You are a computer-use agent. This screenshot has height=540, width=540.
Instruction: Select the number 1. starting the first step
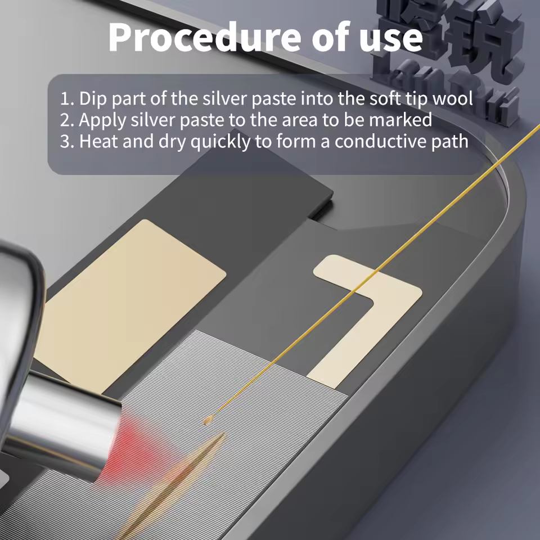coord(67,99)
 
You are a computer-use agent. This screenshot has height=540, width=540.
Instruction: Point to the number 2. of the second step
coord(67,120)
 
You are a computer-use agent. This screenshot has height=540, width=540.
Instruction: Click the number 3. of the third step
coord(67,141)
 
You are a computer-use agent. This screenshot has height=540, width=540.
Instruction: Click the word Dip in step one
coord(92,99)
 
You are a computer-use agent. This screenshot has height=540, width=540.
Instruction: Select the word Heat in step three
coord(99,141)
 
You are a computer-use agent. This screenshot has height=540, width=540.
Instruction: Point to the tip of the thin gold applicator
coord(207,420)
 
